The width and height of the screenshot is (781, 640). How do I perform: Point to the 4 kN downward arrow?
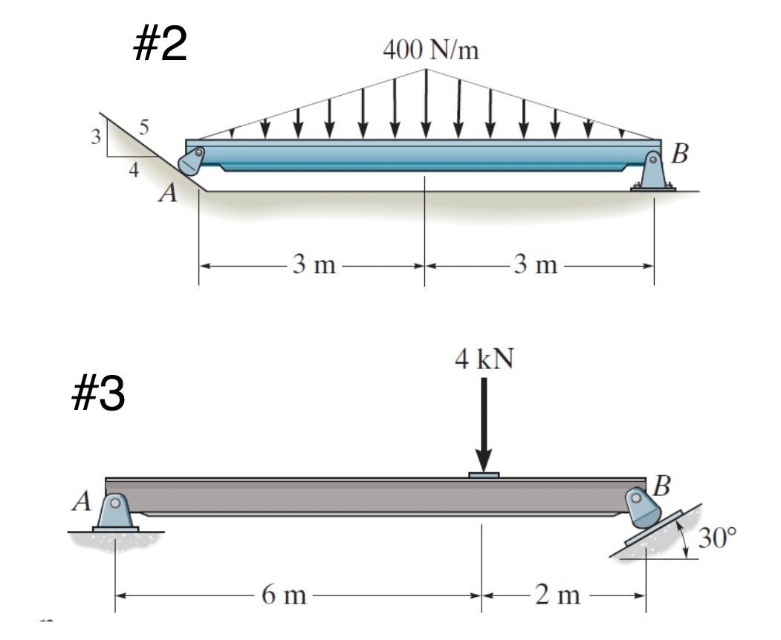[x=484, y=423]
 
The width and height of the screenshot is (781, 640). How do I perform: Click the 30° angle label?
[x=719, y=538]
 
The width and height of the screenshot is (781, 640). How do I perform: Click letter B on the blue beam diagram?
[x=680, y=154]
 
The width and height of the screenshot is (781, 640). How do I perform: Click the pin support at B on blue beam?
[x=652, y=172]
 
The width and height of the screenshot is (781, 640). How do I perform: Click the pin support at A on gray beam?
[x=115, y=512]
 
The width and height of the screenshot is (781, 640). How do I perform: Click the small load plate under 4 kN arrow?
[x=484, y=474]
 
